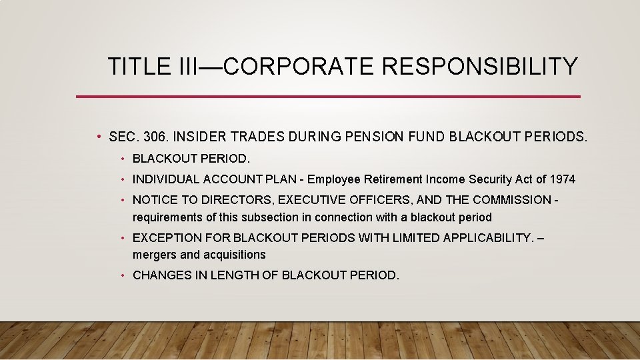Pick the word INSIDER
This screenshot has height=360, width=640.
[x=197, y=137]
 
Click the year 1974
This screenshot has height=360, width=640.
[x=563, y=179]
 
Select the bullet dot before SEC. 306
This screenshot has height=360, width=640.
[x=98, y=137]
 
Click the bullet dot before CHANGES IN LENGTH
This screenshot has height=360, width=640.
[x=124, y=275]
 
